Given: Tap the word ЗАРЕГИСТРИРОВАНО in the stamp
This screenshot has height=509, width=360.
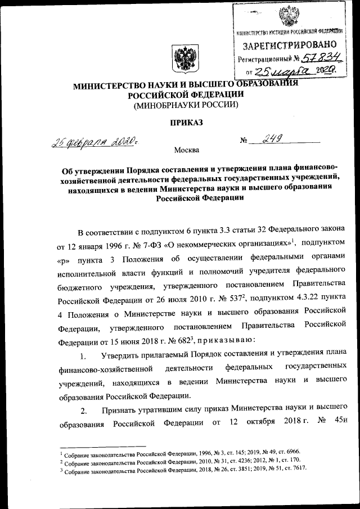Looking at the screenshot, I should pyautogui.click(x=290, y=44).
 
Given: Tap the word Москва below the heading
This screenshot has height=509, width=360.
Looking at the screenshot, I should pyautogui.click(x=186, y=150).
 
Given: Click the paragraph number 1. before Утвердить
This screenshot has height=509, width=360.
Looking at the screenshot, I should pyautogui.click(x=83, y=355).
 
